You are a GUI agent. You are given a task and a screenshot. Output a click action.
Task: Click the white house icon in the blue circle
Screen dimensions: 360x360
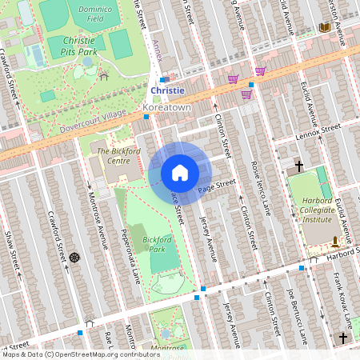coord(180,173)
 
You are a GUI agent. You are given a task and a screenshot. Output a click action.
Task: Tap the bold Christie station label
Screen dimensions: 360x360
coord(167,91)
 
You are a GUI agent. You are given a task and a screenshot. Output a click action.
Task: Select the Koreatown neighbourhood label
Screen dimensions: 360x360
coord(166,106)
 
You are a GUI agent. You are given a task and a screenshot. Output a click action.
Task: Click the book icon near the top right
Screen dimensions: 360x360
coord(324,28)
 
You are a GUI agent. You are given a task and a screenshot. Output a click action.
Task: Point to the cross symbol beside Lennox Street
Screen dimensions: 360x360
coord(299,166)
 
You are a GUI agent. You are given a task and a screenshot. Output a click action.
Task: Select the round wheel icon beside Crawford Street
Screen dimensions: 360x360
coord(74,258)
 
